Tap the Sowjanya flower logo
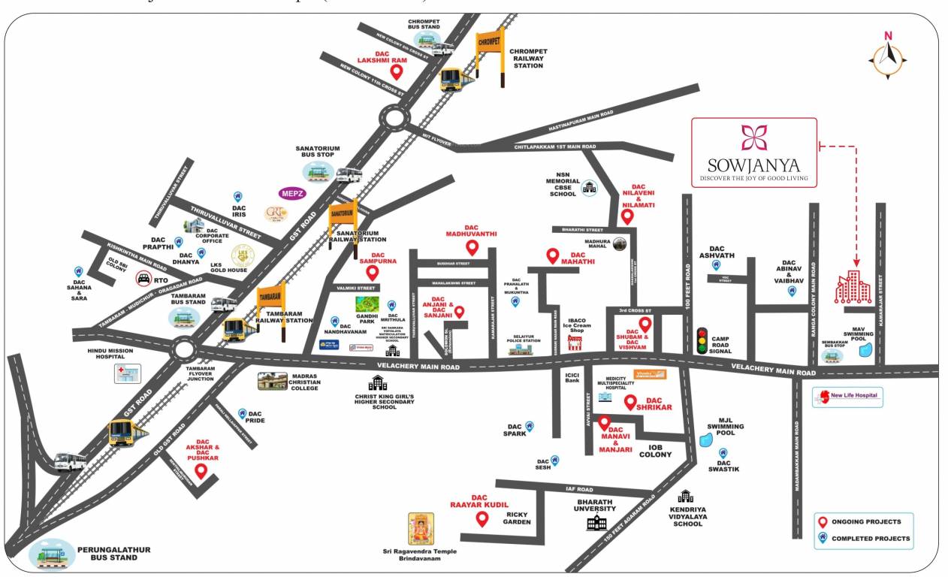pos(753,138)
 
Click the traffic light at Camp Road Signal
pos(702,340)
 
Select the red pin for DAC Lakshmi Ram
pos(398,72)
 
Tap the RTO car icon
pos(143,279)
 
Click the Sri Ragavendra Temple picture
pos(421,530)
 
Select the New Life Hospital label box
pos(848,397)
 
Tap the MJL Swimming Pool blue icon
pos(705,440)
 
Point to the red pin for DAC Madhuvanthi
pos(472,247)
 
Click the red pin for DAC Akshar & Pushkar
pos(201,471)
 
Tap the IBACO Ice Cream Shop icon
pos(576,343)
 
